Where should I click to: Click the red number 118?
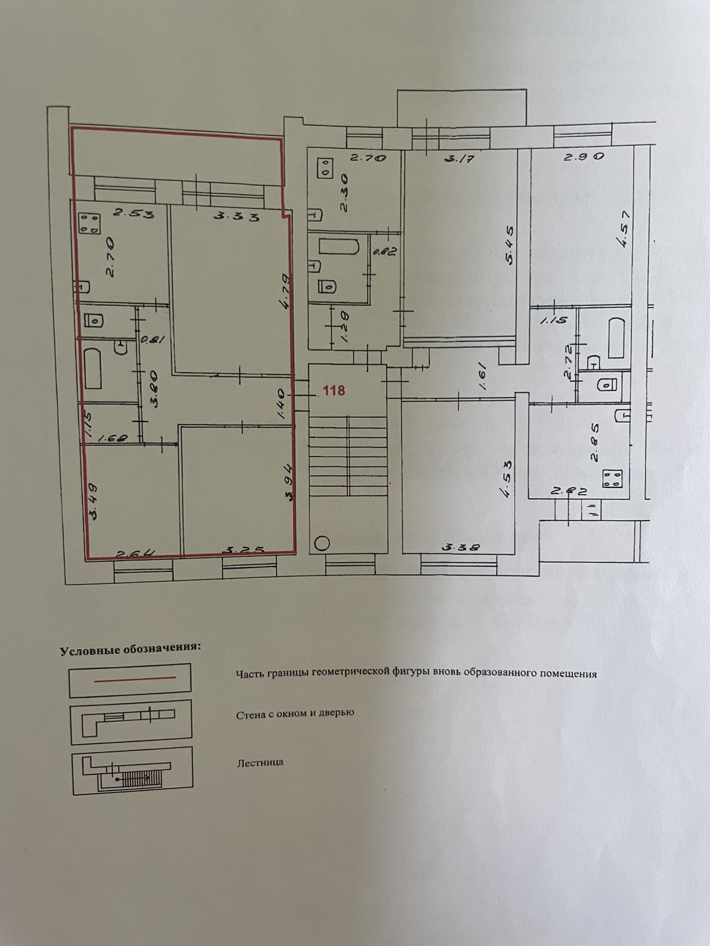point(334,390)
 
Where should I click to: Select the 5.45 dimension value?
point(510,246)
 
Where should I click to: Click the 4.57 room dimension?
point(625,230)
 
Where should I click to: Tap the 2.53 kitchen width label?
point(133,213)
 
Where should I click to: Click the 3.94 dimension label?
point(288,483)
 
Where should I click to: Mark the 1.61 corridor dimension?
point(483,376)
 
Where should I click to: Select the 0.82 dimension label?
point(385,251)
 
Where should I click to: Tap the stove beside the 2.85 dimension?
point(612,479)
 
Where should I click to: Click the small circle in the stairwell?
point(322,544)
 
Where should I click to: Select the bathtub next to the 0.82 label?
point(339,247)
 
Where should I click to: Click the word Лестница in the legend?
point(260,763)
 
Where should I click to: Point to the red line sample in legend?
point(135,679)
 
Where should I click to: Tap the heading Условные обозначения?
point(130,650)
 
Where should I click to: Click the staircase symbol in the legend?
point(131,771)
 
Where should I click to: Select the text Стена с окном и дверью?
point(295,713)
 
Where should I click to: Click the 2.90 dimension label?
point(584,157)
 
